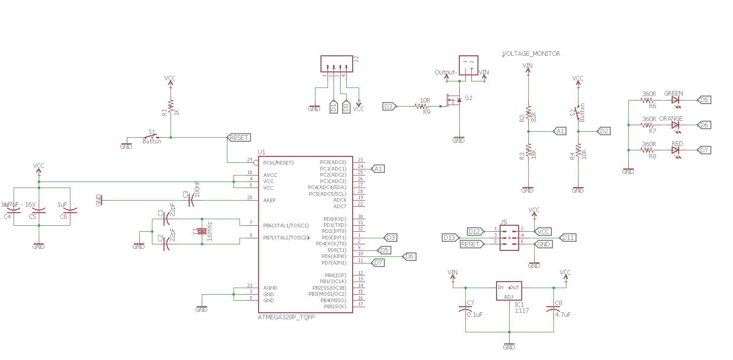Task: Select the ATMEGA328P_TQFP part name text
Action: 286,317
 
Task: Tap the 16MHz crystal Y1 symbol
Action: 202,231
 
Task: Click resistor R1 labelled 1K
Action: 171,106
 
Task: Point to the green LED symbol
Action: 676,100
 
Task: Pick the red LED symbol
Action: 676,150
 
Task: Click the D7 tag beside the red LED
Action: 704,150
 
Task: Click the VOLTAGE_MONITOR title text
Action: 531,54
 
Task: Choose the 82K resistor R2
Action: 528,114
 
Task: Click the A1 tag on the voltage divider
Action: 560,131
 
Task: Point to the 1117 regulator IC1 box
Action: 509,291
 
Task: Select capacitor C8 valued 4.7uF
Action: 553,309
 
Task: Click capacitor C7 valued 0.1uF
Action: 465,309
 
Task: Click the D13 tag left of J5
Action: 449,237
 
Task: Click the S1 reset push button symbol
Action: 152,137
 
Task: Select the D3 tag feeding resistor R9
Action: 389,106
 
